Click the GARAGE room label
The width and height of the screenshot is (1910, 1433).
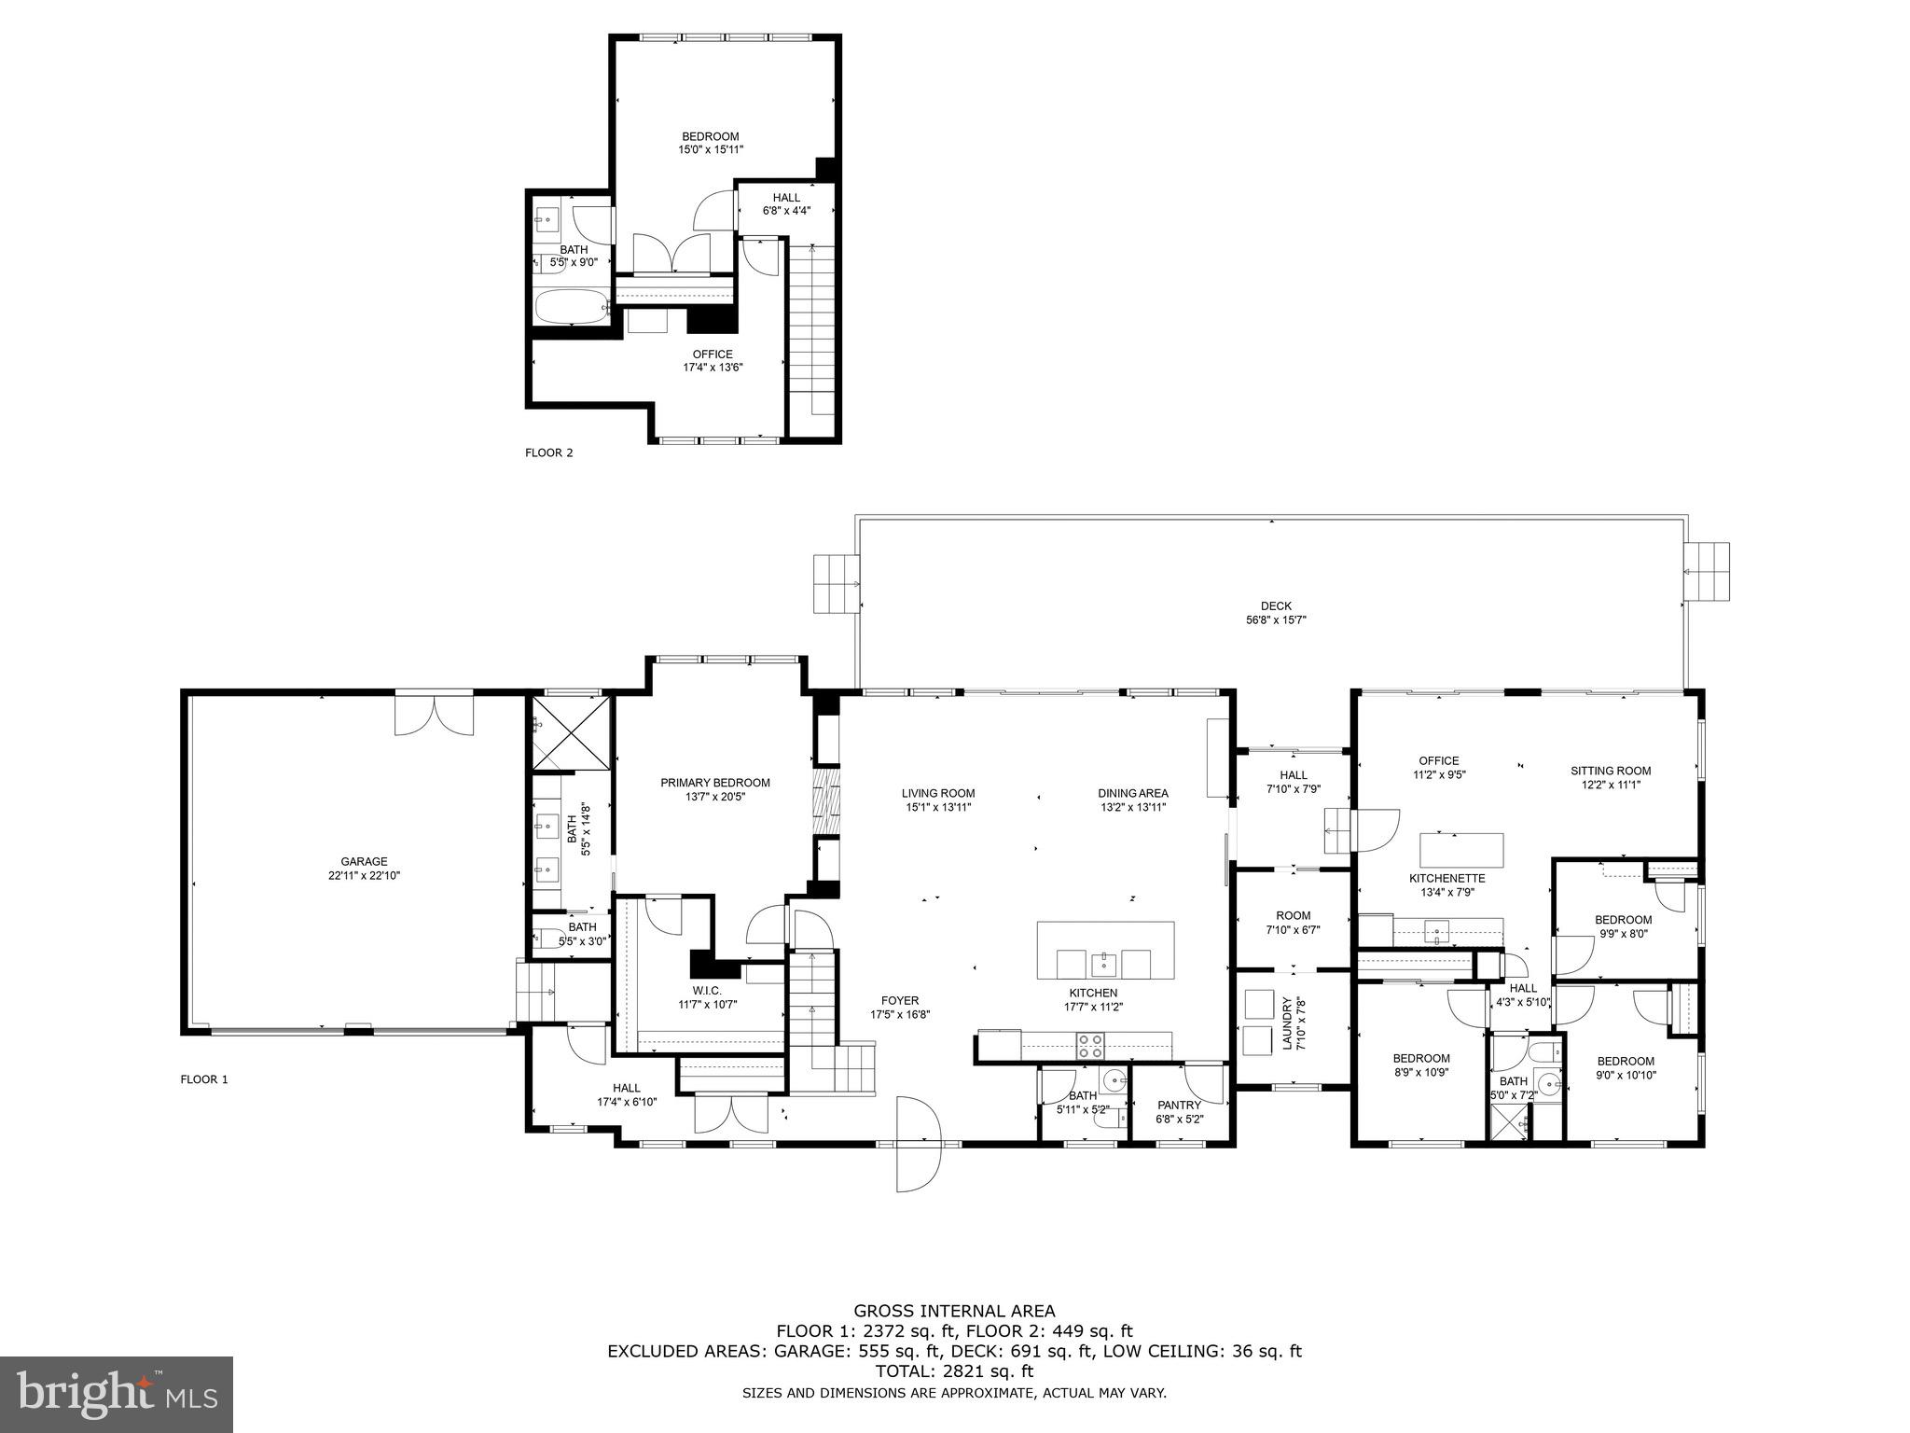tap(364, 862)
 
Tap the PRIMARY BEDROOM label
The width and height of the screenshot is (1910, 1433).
tap(715, 783)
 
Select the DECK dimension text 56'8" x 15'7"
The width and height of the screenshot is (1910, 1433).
tap(1276, 619)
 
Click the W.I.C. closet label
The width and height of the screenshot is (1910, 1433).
tap(707, 990)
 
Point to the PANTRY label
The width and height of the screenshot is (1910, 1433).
tap(1179, 1105)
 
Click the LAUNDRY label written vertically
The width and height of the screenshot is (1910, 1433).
tap(1288, 1023)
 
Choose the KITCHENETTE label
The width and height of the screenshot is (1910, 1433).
tap(1446, 878)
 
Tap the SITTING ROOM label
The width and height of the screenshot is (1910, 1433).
tap(1611, 771)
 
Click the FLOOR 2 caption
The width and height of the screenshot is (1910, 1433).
tap(549, 453)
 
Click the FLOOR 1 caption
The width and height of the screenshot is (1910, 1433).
tap(204, 1079)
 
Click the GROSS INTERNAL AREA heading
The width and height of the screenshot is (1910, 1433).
tap(954, 1311)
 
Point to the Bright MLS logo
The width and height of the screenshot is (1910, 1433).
tap(117, 1394)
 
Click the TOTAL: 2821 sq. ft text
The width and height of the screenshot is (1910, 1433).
tap(954, 1371)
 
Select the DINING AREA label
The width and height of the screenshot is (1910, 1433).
tap(1132, 793)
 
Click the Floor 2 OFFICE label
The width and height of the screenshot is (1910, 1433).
tap(713, 355)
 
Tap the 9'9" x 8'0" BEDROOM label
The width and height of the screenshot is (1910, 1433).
tap(1623, 920)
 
